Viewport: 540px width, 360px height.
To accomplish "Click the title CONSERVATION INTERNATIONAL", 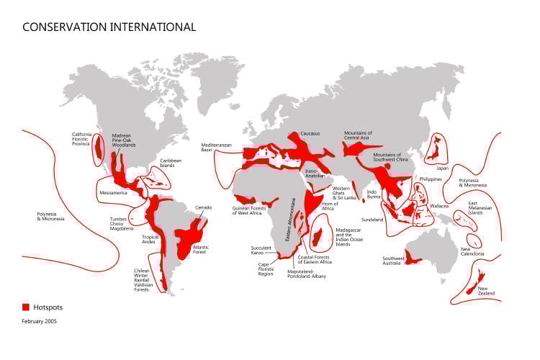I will [x=109, y=27].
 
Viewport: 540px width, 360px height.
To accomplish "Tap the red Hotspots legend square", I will [x=26, y=307].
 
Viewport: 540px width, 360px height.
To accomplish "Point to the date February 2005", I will [x=39, y=321].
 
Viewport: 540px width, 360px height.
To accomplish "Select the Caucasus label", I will [x=310, y=133].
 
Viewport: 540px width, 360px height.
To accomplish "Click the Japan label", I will [x=442, y=168].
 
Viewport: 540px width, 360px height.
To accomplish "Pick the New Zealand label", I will [x=487, y=292].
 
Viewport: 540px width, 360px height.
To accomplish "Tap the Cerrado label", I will [x=204, y=207].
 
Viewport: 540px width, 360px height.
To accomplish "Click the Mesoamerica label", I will [x=114, y=193].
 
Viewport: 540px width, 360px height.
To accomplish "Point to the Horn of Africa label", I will [x=329, y=206].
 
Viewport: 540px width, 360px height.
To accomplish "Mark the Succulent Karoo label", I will [x=261, y=251].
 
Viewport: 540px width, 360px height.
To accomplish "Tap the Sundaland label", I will [x=372, y=220].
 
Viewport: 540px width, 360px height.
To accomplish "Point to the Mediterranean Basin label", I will [x=216, y=148].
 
